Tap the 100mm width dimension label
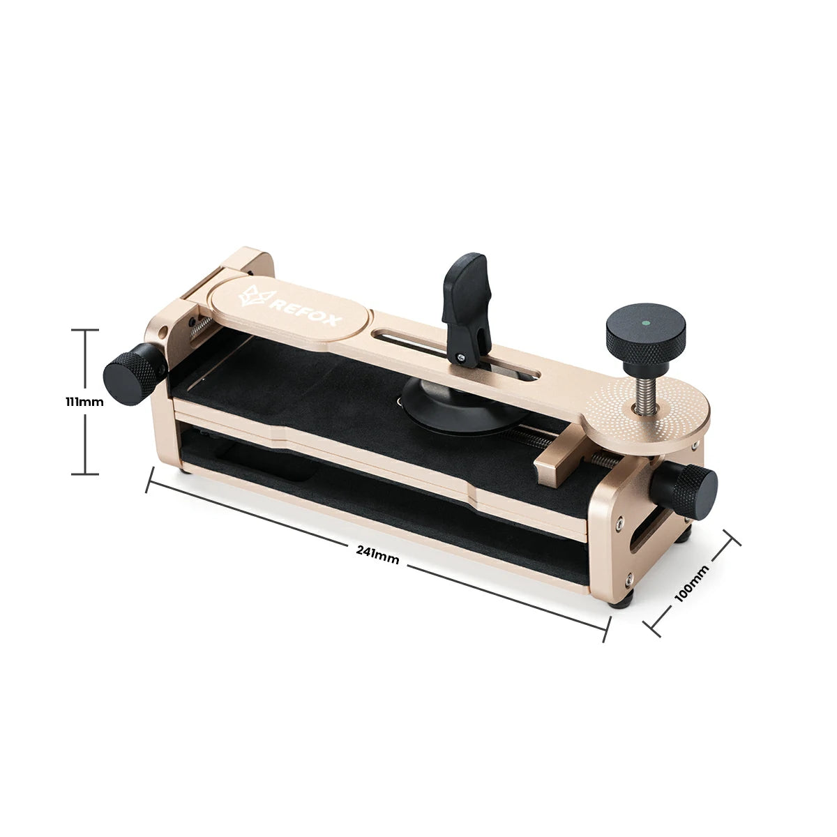[x=692, y=582]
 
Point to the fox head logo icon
[x=253, y=296]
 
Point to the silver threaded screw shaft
[x=639, y=391]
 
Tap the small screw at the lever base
[x=461, y=359]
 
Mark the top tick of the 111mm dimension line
[x=86, y=330]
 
